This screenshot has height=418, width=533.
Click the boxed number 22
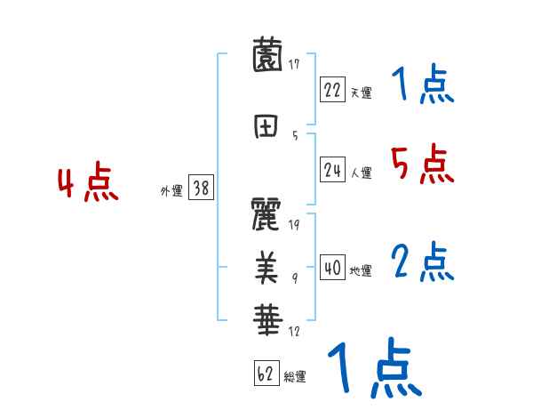click(332, 89)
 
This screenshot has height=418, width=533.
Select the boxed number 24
click(332, 170)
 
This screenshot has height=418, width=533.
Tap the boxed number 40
click(332, 268)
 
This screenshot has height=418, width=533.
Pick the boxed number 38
click(200, 188)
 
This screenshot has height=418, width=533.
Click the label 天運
click(361, 92)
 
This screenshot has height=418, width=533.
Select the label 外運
click(171, 190)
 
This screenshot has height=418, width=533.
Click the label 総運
click(295, 377)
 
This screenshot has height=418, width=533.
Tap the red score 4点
click(88, 183)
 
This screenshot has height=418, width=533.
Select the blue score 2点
click(422, 261)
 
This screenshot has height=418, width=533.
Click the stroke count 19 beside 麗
click(294, 225)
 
